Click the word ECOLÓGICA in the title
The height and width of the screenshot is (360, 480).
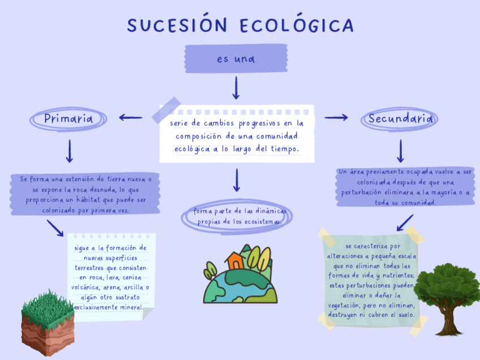coord(297,25)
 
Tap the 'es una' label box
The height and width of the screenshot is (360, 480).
coord(236,59)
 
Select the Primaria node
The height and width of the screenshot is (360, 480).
coord(68,119)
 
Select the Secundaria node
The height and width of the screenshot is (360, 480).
coord(401,119)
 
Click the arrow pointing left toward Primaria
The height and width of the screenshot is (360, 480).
coord(130,118)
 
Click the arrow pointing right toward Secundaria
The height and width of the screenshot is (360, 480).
coord(336,118)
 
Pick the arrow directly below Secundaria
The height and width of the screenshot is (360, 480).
coord(401,151)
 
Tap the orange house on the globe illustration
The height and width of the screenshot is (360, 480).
coord(234,261)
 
